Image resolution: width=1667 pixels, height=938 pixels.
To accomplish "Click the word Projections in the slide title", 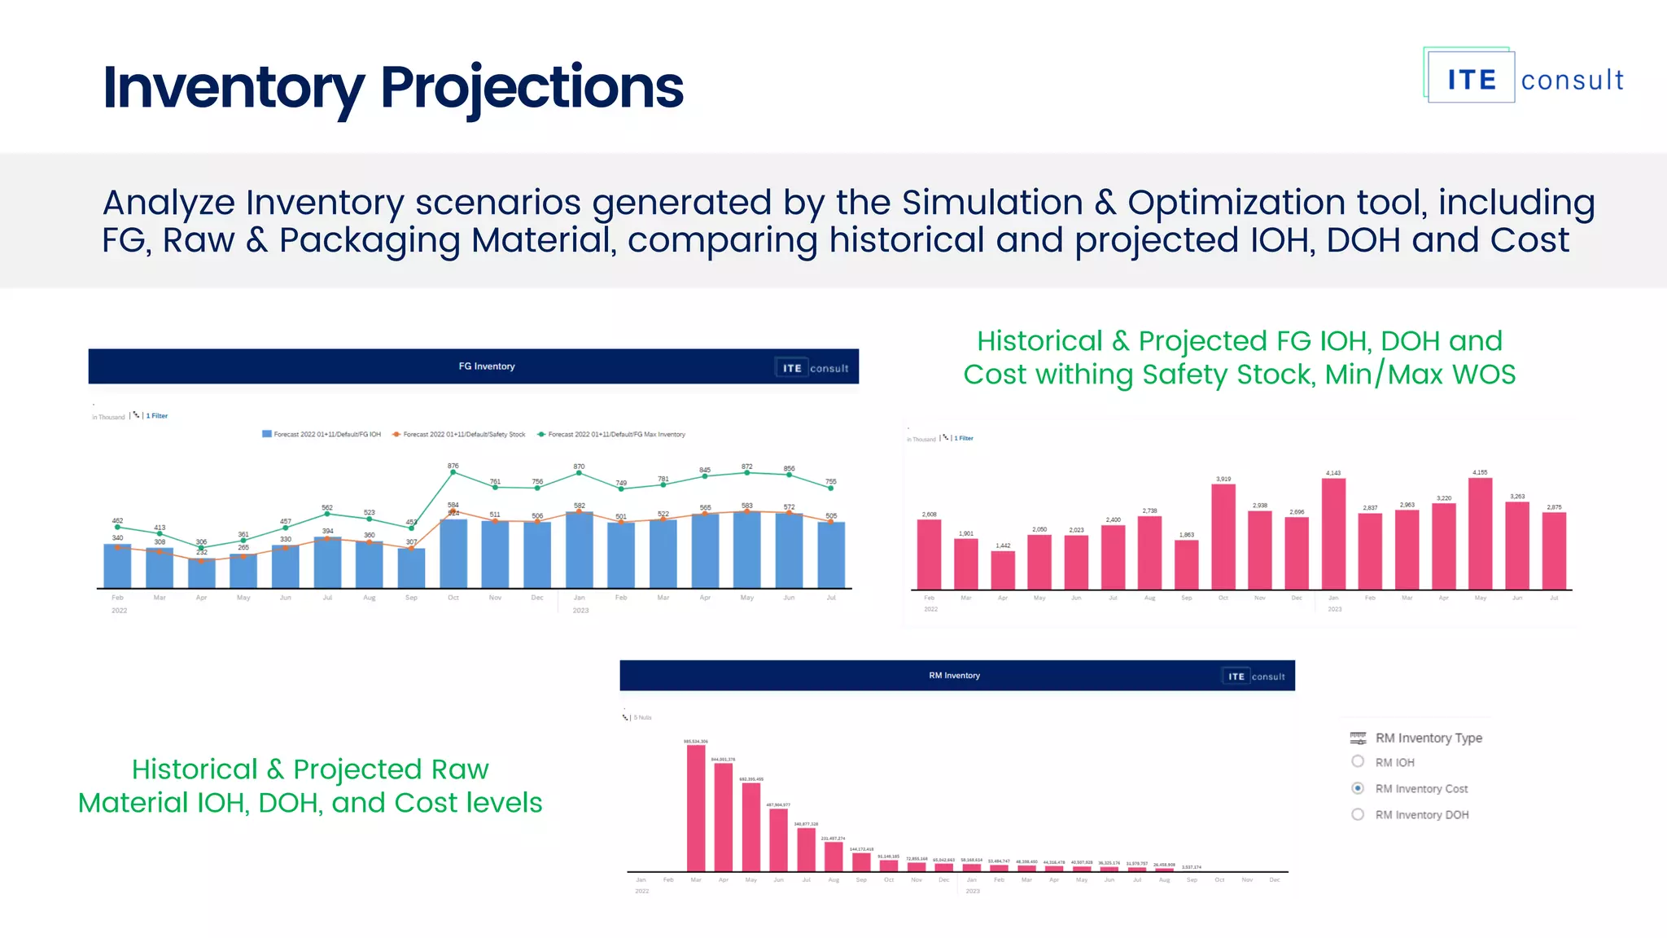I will pos(532,88).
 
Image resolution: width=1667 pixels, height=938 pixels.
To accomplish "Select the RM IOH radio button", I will pos(1358,761).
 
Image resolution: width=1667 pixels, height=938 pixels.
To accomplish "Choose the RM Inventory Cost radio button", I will pos(1358,787).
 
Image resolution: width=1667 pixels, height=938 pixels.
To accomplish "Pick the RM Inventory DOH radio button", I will pos(1358,813).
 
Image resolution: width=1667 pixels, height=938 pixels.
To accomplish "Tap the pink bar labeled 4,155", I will pos(1480,533).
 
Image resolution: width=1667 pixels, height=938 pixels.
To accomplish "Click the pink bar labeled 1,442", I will pos(1003,569).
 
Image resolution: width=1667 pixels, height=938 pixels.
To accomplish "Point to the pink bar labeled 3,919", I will pos(1223,536).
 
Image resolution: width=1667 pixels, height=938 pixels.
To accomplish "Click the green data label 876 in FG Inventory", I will pos(453,466).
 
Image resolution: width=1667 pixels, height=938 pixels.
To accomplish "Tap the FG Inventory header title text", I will pos(487,366).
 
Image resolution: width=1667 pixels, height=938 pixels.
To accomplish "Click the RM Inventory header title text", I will pos(954,676).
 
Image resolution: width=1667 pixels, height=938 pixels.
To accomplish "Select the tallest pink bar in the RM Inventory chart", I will pos(696,806).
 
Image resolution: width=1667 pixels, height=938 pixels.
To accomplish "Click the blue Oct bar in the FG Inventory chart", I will pos(453,554).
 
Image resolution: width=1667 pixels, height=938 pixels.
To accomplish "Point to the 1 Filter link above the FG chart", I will pos(156,416).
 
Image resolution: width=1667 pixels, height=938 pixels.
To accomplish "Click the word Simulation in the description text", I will pos(991,203).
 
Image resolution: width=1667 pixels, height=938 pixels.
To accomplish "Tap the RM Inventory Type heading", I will pos(1428,738).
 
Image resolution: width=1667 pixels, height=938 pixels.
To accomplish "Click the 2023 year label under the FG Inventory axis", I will pos(580,611).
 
